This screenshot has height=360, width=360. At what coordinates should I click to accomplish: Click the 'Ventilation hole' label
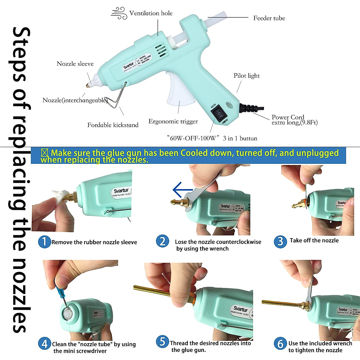tap(151, 13)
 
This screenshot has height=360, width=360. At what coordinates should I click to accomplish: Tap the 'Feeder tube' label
tap(269, 18)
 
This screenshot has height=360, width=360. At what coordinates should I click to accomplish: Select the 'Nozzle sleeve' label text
tap(75, 64)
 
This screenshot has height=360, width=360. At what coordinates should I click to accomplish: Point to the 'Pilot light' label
tap(247, 76)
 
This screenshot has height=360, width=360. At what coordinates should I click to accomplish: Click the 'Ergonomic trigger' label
tap(173, 121)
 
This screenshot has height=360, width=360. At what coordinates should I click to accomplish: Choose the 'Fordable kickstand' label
tap(113, 125)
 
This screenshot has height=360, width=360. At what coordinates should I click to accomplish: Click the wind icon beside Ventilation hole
tap(119, 13)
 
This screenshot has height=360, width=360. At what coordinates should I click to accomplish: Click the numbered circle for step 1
tap(44, 241)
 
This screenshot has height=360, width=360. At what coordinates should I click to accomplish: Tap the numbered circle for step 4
tap(44, 343)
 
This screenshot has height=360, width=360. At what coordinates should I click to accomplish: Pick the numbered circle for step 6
tap(280, 343)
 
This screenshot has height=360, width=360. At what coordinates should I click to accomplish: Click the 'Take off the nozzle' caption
tap(314, 241)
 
